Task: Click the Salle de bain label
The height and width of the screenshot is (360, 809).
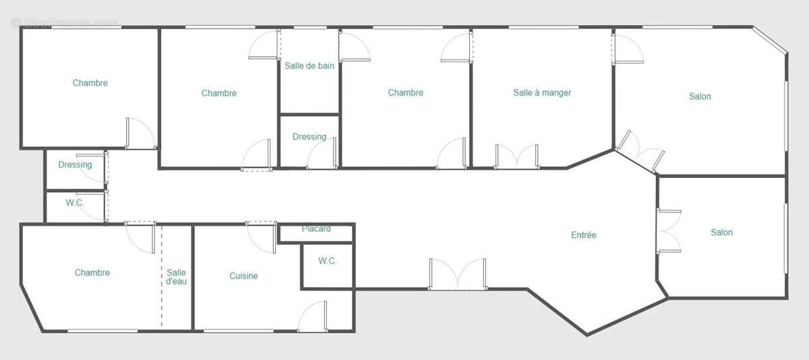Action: pyautogui.click(x=309, y=65)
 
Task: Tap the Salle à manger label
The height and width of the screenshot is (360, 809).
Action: pyautogui.click(x=542, y=92)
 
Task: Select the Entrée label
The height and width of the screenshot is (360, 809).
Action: pyautogui.click(x=584, y=235)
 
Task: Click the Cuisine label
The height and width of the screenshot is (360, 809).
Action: pyautogui.click(x=243, y=276)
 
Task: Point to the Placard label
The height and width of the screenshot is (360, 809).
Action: pyautogui.click(x=316, y=229)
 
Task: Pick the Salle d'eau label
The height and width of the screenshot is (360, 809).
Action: pyautogui.click(x=177, y=277)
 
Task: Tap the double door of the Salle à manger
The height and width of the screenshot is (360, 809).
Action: pyautogui.click(x=516, y=156)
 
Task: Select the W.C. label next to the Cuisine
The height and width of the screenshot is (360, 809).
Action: pyautogui.click(x=328, y=261)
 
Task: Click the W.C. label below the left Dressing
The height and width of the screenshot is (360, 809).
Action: pyautogui.click(x=75, y=203)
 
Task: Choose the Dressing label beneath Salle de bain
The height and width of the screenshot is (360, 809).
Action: pyautogui.click(x=309, y=137)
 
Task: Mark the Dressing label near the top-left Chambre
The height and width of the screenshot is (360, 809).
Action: pyautogui.click(x=75, y=164)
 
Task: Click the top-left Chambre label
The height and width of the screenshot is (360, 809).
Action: pyautogui.click(x=90, y=83)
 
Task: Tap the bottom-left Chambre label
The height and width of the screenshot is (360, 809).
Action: pyautogui.click(x=92, y=273)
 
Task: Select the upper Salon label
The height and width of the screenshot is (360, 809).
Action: pyautogui.click(x=700, y=96)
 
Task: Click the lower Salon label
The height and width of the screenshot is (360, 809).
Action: pyautogui.click(x=721, y=233)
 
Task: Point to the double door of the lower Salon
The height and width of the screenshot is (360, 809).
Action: pyautogui.click(x=668, y=231)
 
